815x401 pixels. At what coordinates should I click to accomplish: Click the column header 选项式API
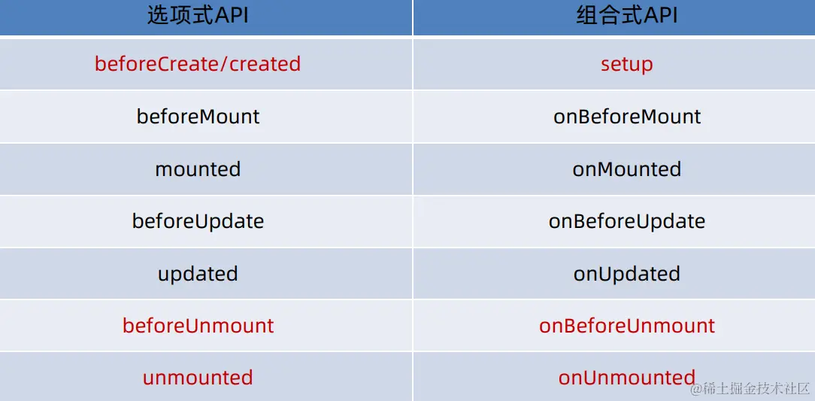pyautogui.click(x=198, y=16)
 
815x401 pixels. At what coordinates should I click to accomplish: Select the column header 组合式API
pyautogui.click(x=627, y=16)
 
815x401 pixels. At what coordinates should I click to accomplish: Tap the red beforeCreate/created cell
pyautogui.click(x=198, y=64)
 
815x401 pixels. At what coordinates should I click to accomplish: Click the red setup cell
pyautogui.click(x=627, y=65)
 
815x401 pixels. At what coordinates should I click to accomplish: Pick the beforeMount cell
pyautogui.click(x=198, y=116)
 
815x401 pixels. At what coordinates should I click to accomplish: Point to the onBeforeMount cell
pyautogui.click(x=627, y=116)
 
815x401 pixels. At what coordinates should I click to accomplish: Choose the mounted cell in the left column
pyautogui.click(x=198, y=169)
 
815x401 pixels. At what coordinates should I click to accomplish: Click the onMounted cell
pyautogui.click(x=627, y=169)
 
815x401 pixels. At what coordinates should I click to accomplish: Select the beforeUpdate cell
pyautogui.click(x=198, y=221)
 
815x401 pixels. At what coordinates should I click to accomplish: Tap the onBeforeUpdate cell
pyautogui.click(x=627, y=221)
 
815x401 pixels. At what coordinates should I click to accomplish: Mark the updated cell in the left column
pyautogui.click(x=198, y=274)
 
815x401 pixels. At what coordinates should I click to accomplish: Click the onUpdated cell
pyautogui.click(x=627, y=274)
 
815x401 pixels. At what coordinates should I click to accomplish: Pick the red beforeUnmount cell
pyautogui.click(x=198, y=326)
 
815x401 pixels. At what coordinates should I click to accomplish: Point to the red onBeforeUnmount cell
pyautogui.click(x=627, y=326)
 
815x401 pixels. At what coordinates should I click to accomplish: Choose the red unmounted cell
pyautogui.click(x=198, y=377)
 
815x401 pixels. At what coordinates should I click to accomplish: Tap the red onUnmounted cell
pyautogui.click(x=627, y=377)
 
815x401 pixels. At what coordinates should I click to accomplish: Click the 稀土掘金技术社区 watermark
pyautogui.click(x=750, y=388)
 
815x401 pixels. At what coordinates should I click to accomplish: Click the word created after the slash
pyautogui.click(x=265, y=64)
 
